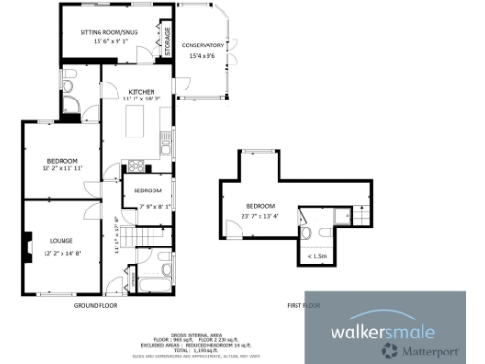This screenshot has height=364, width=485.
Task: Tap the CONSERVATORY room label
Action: click(x=204, y=45)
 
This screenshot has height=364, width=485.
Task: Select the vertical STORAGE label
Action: click(x=168, y=44)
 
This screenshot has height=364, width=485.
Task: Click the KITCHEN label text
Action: click(x=140, y=91)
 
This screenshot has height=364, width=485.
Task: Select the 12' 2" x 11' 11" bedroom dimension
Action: click(x=63, y=168)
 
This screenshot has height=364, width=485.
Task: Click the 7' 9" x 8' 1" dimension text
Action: click(x=149, y=206)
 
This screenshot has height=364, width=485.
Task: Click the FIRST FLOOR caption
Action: click(x=305, y=305)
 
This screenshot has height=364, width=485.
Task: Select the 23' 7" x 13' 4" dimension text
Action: click(x=260, y=215)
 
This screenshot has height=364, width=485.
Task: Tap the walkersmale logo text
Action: click(x=382, y=332)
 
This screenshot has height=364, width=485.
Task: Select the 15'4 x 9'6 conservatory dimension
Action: click(x=204, y=55)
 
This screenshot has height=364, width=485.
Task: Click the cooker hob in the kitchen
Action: click(x=135, y=170)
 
